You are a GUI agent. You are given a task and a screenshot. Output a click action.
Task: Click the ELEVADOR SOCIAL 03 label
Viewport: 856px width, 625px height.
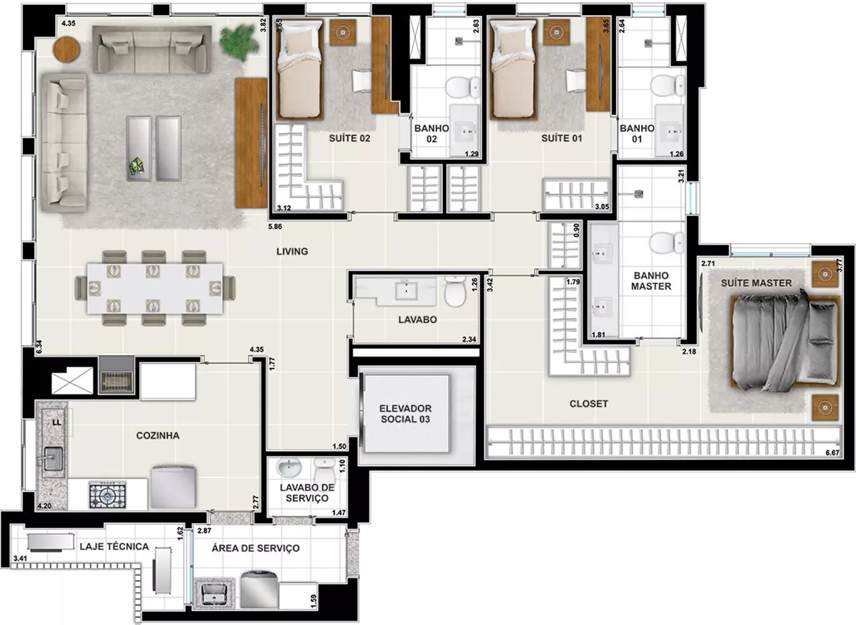(x=405, y=414)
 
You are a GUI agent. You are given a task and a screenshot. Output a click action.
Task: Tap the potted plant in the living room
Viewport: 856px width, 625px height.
(x=237, y=41)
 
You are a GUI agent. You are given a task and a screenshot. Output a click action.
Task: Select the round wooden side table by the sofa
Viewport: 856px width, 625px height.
(x=66, y=50)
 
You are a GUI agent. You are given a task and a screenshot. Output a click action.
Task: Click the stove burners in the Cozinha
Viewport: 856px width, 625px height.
(x=107, y=496)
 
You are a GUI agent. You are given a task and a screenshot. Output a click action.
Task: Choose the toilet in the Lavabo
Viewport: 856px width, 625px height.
(x=455, y=292)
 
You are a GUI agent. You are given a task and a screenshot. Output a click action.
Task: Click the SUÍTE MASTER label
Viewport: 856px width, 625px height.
(x=756, y=283)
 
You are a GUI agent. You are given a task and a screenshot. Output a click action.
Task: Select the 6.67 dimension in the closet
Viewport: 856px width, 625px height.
(x=832, y=452)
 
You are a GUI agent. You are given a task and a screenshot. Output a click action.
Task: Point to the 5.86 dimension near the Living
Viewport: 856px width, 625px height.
(x=275, y=227)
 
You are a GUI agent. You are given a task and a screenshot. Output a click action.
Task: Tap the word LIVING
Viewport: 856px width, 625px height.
(x=292, y=251)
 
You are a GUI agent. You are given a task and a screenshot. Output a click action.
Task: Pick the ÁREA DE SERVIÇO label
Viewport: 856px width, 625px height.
(x=256, y=548)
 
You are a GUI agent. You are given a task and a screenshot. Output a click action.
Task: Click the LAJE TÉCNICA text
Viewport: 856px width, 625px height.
(x=114, y=547)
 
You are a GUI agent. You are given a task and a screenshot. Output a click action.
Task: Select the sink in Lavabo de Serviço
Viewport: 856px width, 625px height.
(x=289, y=468)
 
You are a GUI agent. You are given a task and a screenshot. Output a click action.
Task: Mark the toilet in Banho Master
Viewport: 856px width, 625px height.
(x=667, y=244)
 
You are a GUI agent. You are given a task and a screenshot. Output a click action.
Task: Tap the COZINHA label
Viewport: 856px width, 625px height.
(x=158, y=436)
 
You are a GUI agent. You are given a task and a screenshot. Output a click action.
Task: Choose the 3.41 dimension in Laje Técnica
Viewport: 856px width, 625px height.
(x=20, y=559)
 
